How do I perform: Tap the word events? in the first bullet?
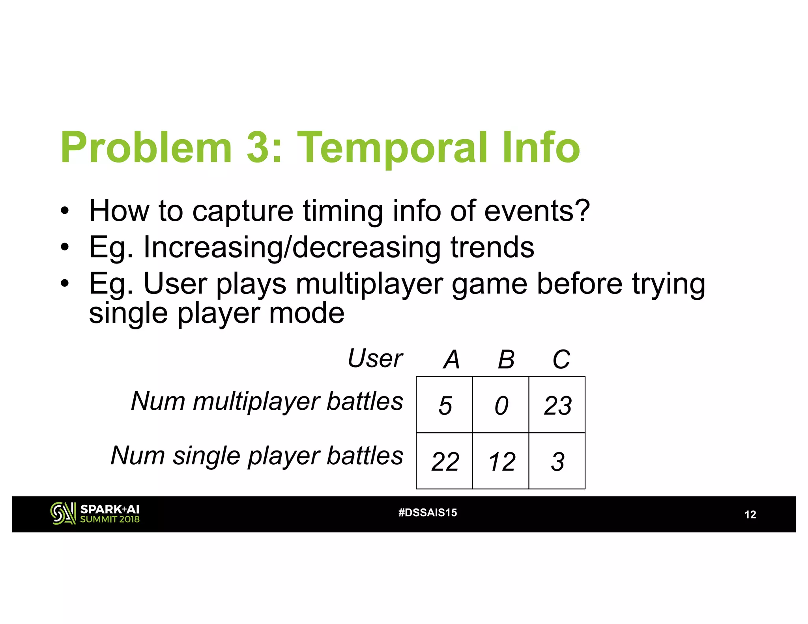point(537,211)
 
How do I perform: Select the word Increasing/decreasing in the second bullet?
point(292,248)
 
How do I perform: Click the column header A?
point(452,360)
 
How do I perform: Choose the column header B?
point(506,360)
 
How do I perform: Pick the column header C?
point(561,360)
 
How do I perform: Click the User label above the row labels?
point(375,359)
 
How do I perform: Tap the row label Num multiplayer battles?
point(267,402)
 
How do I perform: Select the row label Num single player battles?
point(257,456)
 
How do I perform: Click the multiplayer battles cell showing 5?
point(445,405)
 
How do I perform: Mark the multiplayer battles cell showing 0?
point(501,405)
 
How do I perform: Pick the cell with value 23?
point(557,405)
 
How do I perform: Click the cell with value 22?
point(445,461)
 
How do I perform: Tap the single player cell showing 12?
point(501,461)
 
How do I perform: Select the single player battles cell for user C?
point(557,461)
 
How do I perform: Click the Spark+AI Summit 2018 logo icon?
point(63,513)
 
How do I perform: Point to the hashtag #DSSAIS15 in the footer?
point(428,513)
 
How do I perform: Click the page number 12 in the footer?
point(750,515)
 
